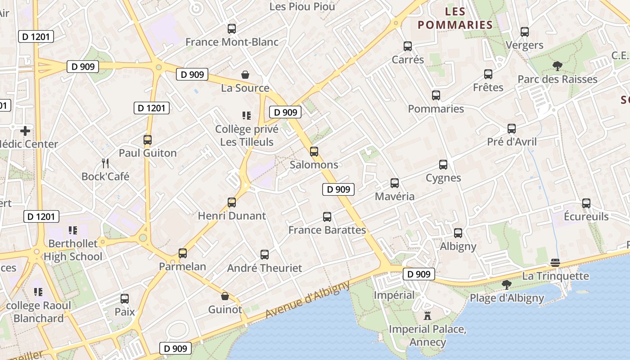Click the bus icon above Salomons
click(314, 152)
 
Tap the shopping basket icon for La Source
click(245, 75)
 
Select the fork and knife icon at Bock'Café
click(105, 163)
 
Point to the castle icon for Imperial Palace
click(427, 315)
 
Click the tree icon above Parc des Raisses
click(557, 66)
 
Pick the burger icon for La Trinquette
click(555, 263)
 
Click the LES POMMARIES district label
click(454, 18)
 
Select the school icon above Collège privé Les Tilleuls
click(246, 116)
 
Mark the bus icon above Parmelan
click(182, 253)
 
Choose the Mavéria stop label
click(395, 197)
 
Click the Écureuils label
click(586, 216)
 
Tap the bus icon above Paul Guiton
click(148, 140)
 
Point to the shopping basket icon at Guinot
click(225, 296)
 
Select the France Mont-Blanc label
click(232, 42)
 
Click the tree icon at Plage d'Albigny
click(506, 284)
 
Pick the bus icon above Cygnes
click(443, 165)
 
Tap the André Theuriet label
click(265, 268)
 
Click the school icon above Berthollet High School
click(72, 231)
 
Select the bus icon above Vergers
click(524, 32)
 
